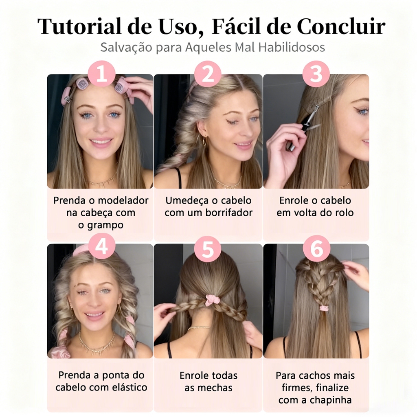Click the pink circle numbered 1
[x=101, y=74]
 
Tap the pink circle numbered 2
[x=208, y=74]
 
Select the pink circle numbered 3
[x=316, y=74]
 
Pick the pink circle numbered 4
[x=101, y=246]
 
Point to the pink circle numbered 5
[x=208, y=249]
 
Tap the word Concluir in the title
[x=341, y=26]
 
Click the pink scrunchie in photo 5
[x=212, y=300]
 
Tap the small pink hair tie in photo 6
[x=324, y=308]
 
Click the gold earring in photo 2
[x=205, y=140]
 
